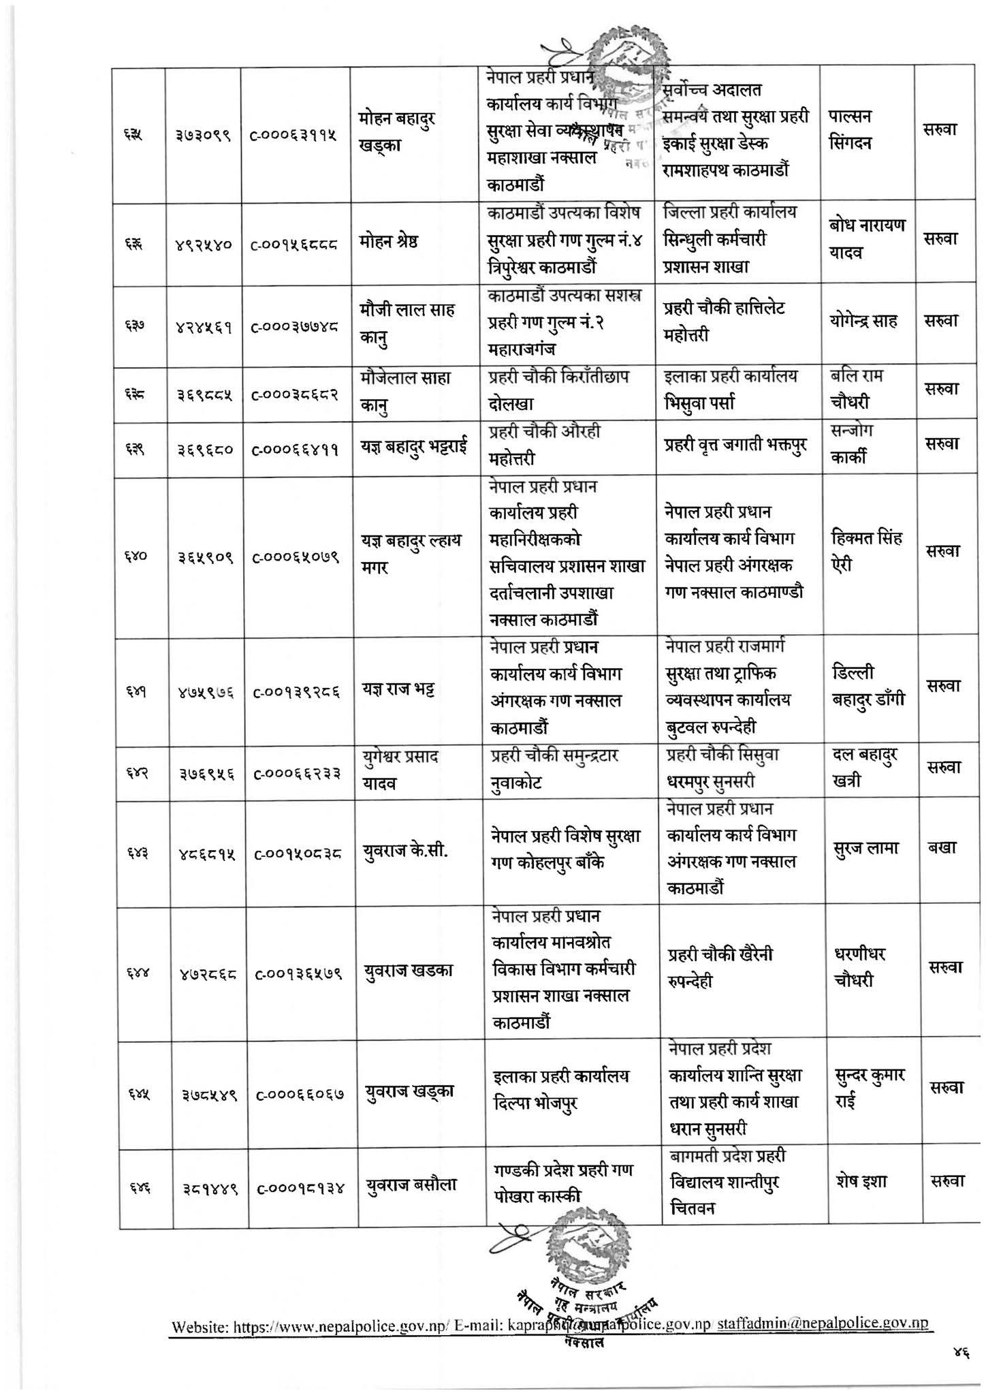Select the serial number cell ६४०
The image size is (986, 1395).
(141, 555)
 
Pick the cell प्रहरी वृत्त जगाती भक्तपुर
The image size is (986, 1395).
(735, 445)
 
